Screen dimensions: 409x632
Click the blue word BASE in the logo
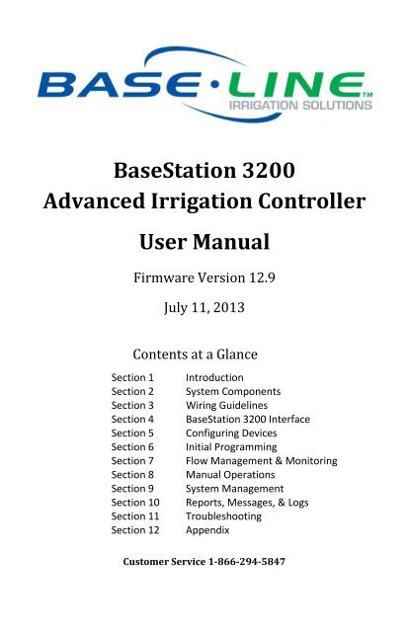[x=119, y=85]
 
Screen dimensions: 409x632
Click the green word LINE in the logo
[x=294, y=85]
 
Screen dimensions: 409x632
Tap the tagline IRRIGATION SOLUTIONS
[x=300, y=106]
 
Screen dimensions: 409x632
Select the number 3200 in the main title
[x=269, y=170]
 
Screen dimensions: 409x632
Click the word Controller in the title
[x=312, y=200]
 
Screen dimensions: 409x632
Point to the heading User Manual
[x=204, y=242]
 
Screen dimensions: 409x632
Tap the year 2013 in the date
[x=228, y=307]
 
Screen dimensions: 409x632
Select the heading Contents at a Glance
[x=196, y=355]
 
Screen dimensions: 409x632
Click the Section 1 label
[x=132, y=377]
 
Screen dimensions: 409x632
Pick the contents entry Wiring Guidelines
[x=226, y=405]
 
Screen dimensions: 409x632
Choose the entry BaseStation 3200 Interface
[x=248, y=419]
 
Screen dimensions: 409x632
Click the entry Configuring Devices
[x=231, y=434]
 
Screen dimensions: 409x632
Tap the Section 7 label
[x=132, y=461]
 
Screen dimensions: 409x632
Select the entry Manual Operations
[x=230, y=475]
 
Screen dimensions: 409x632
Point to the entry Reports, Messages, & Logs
[x=247, y=503]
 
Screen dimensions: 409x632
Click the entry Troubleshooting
[x=223, y=516]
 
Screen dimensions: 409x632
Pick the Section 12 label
[x=135, y=530]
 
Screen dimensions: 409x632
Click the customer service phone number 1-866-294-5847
[x=247, y=562]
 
